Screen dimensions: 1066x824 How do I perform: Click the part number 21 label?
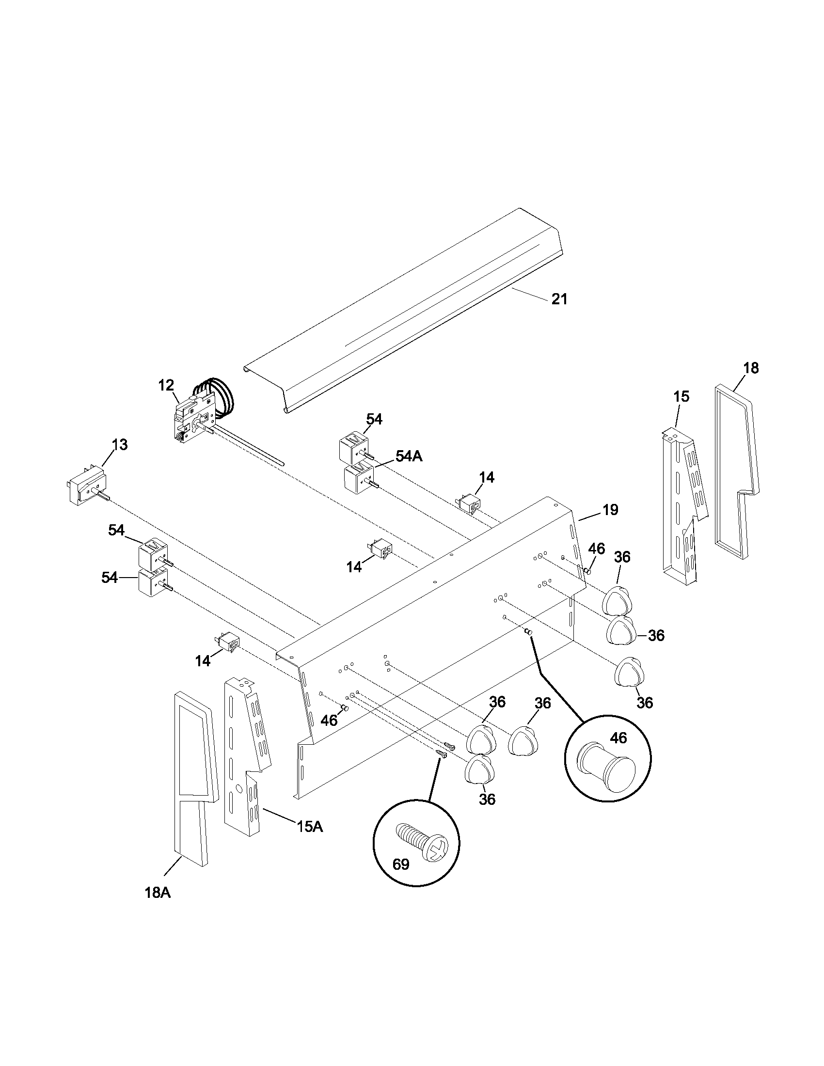tap(559, 299)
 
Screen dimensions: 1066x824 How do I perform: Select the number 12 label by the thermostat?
tap(166, 385)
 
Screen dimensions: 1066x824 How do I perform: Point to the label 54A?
tap(409, 456)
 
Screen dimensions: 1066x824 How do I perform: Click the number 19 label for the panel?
tap(610, 510)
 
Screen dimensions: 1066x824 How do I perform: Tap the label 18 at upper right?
tap(751, 368)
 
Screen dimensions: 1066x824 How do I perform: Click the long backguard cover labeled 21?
tap(405, 313)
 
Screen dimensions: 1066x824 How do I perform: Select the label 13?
tap(120, 445)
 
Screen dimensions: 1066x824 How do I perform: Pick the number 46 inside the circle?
tap(618, 738)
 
